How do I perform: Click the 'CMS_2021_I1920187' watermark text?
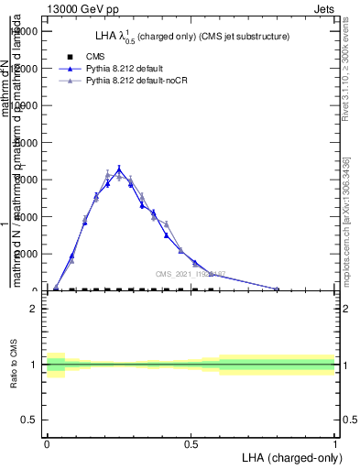coord(190,274)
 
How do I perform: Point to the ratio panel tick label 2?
coord(34,309)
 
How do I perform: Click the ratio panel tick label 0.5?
coord(28,420)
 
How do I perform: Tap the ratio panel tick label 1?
coord(34,365)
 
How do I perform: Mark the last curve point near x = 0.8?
coord(277,289)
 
